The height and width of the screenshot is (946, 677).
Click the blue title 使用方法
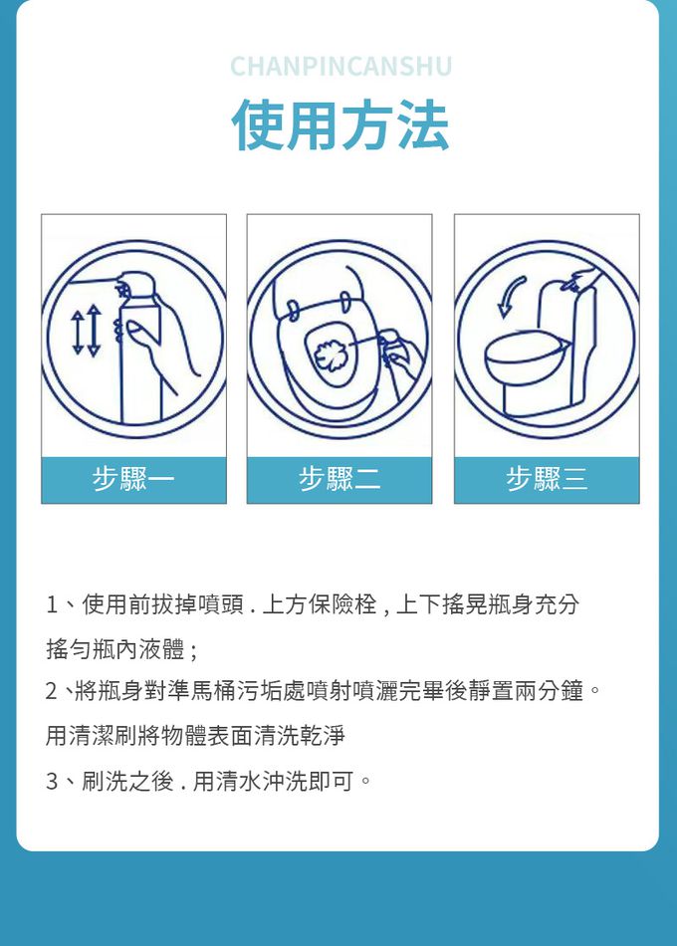pyautogui.click(x=340, y=124)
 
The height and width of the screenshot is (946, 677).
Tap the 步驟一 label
pyautogui.click(x=133, y=479)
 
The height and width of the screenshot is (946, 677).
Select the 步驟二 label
pyautogui.click(x=339, y=479)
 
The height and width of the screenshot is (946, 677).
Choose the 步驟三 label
pyautogui.click(x=547, y=479)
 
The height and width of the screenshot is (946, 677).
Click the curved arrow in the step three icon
pyautogui.click(x=510, y=296)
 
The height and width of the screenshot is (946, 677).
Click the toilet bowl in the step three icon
pyautogui.click(x=525, y=362)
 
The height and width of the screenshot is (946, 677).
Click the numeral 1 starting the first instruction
pyautogui.click(x=52, y=604)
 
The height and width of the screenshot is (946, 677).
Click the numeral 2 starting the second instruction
pyautogui.click(x=52, y=691)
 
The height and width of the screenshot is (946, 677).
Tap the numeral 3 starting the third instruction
pyautogui.click(x=52, y=782)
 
